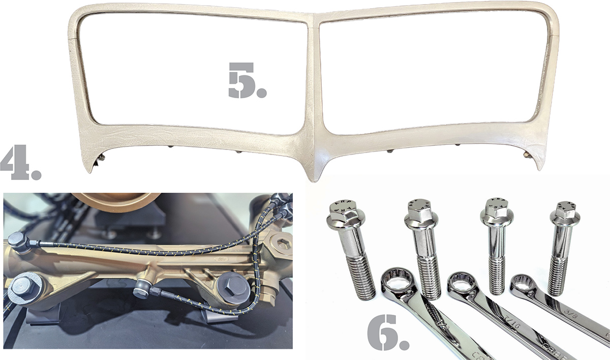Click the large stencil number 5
click(246, 81)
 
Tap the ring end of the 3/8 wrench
click(523, 284)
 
